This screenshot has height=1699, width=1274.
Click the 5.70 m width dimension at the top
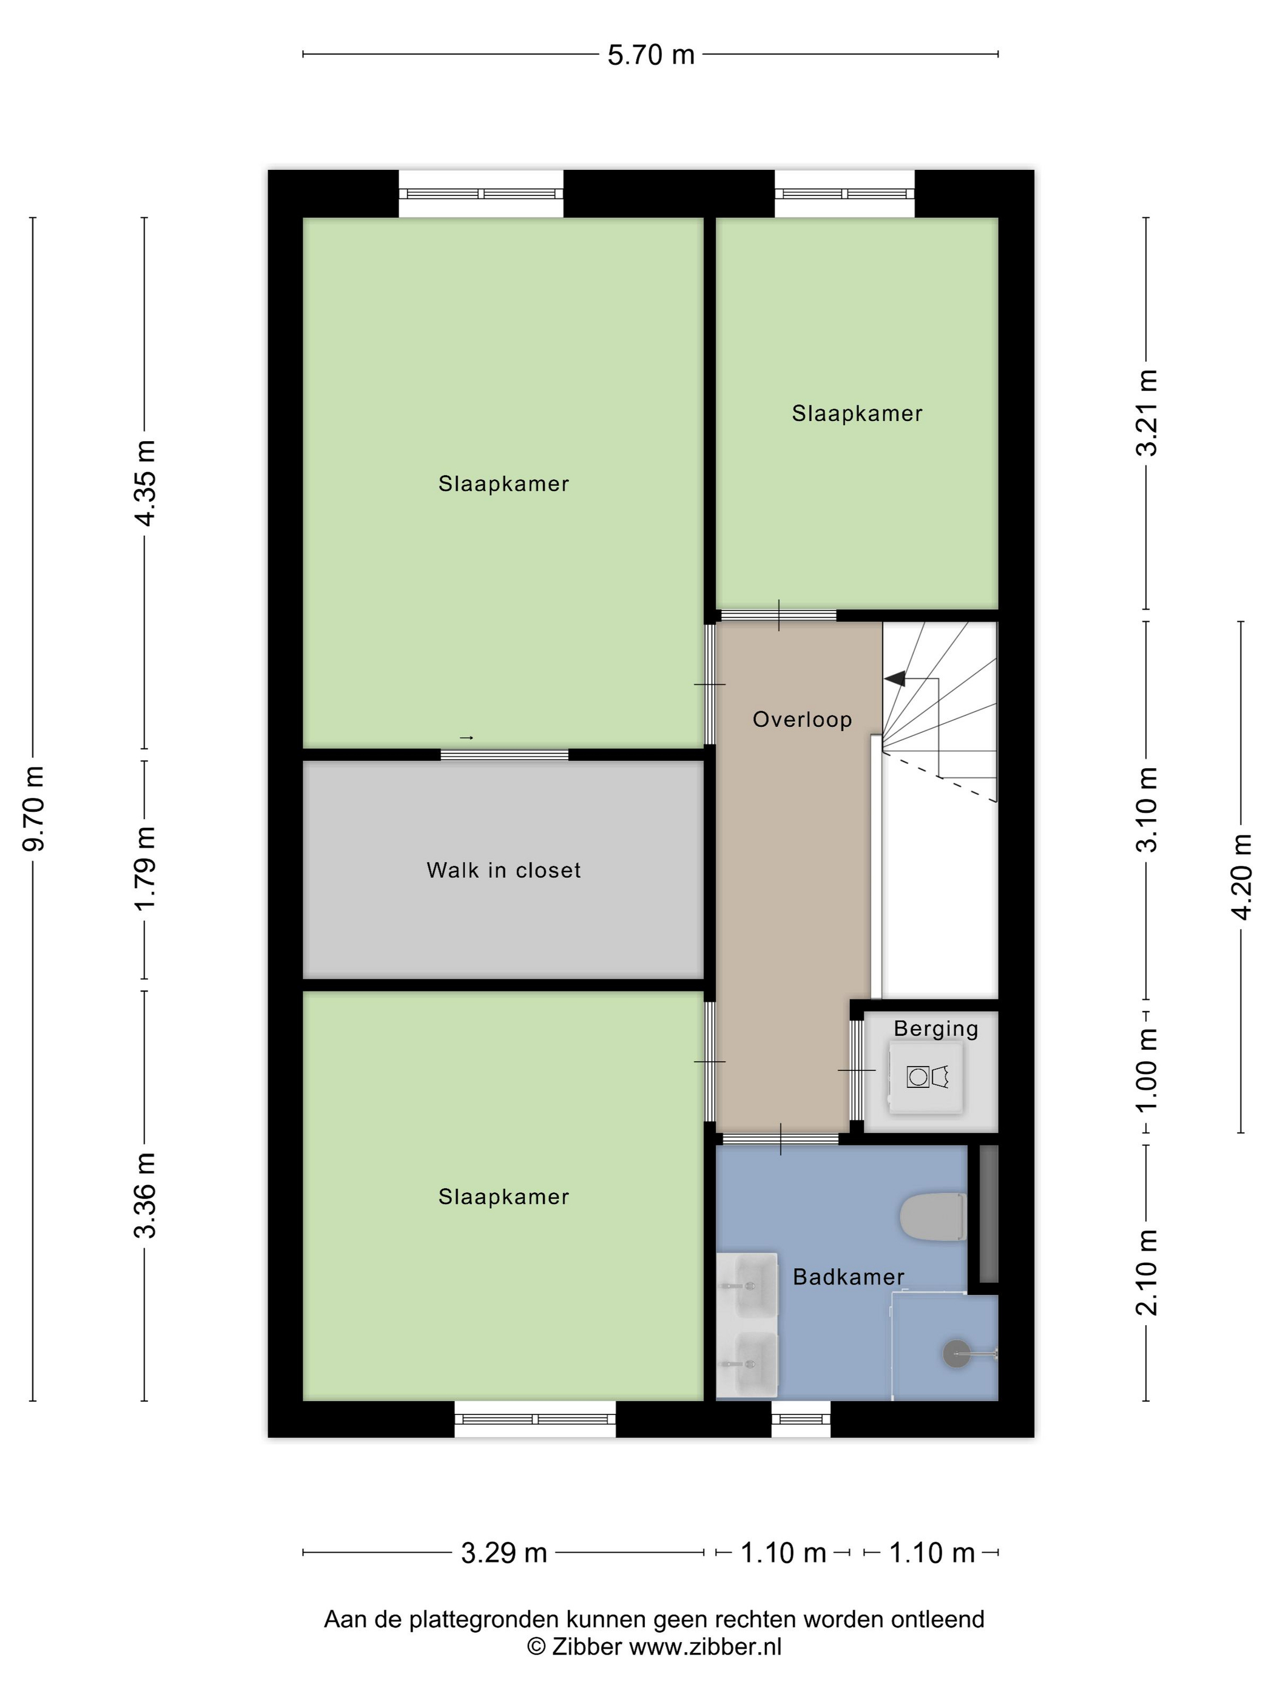650,55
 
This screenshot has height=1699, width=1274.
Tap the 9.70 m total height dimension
35,809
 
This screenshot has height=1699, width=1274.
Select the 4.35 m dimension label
144,483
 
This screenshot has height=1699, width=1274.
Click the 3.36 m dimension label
144,1196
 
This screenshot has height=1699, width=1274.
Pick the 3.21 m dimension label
1147,413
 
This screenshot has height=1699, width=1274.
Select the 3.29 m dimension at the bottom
504,1553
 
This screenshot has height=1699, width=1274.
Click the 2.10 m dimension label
1147,1272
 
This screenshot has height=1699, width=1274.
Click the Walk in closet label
504,870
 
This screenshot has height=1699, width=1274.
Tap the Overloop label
803,720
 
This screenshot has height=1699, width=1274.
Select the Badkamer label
849,1277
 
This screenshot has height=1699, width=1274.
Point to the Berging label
936,1029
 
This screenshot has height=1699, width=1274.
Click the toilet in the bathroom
933,1216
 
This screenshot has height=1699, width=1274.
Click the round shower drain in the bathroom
956,1353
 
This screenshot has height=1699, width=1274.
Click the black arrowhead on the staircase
895,679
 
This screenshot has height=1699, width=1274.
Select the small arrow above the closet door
466,738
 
